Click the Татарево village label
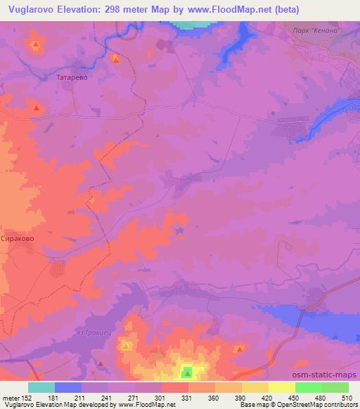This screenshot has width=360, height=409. click(72, 78)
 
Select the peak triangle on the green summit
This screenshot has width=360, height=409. click(187, 372)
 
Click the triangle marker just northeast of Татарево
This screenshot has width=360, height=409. click(116, 60)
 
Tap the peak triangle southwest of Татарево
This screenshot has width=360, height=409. click(36, 108)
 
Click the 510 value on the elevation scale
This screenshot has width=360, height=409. click(348, 397)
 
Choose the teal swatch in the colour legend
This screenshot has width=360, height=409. click(41, 387)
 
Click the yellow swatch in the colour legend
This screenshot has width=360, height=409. click(282, 387)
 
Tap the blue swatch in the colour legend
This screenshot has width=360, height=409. click(68, 387)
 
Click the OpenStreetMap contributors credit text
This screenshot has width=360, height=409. click(316, 405)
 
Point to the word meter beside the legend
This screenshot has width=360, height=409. click(12, 397)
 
